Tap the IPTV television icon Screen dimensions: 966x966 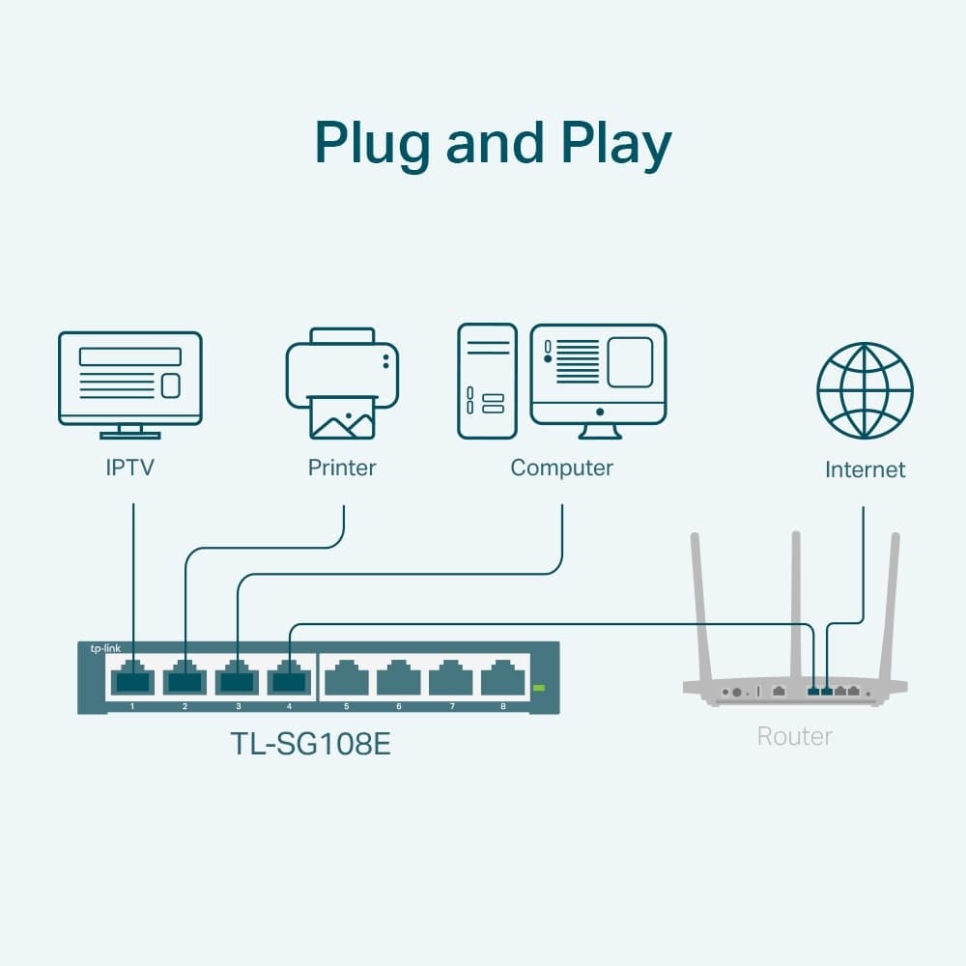tap(130, 382)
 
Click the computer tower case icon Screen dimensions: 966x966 tap(486, 382)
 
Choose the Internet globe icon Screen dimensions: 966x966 tap(865, 390)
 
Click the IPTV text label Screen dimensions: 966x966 tap(130, 469)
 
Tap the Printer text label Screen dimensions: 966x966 tap(342, 469)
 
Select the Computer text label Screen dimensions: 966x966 tap(561, 469)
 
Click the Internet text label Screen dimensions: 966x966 tap(865, 470)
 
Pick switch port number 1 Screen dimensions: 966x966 tap(132, 678)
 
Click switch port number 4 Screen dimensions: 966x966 tap(289, 678)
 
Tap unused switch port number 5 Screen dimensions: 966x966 tap(346, 678)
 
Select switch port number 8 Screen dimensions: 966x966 tap(502, 678)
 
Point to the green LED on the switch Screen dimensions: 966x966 tap(539, 688)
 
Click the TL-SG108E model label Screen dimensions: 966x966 tap(310, 745)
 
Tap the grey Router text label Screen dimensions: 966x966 tap(794, 736)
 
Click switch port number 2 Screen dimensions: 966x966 tap(185, 678)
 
